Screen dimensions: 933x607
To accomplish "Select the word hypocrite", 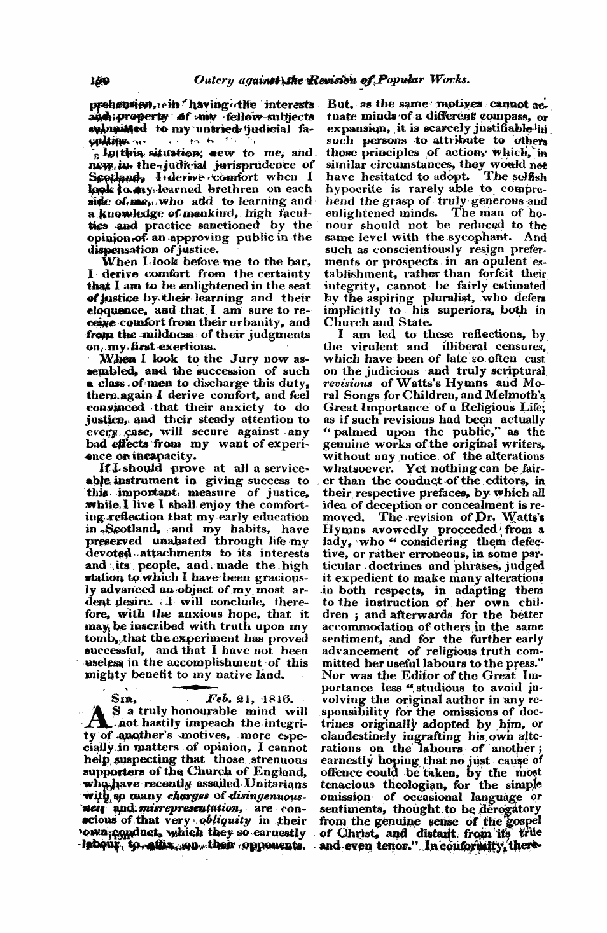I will point(352,190).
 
